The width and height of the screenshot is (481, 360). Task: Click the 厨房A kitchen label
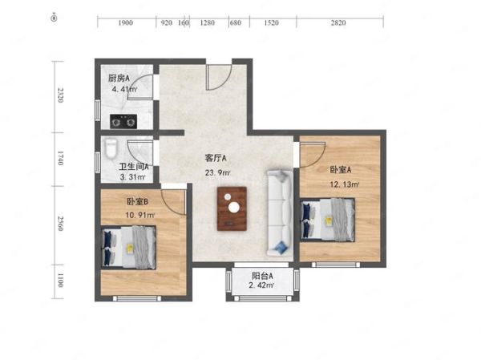pyautogui.click(x=119, y=78)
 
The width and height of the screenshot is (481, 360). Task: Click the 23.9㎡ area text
pyautogui.click(x=219, y=172)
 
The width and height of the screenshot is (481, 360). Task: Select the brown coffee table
pyautogui.click(x=233, y=206)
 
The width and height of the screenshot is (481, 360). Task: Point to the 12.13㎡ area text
pyautogui.click(x=344, y=184)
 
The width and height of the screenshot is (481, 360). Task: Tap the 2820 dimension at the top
pyautogui.click(x=338, y=23)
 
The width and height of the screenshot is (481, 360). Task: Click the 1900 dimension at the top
pyautogui.click(x=125, y=23)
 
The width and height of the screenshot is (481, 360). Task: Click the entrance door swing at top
pyautogui.click(x=216, y=77)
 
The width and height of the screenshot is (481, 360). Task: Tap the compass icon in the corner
pyautogui.click(x=54, y=15)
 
